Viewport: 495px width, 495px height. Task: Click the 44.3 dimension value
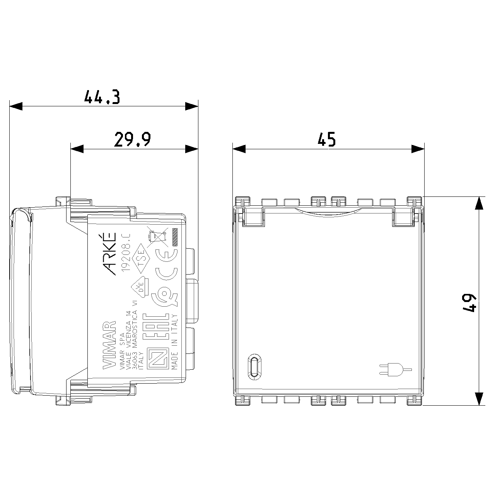pos(102,97)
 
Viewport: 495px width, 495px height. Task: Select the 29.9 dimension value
pos(132,140)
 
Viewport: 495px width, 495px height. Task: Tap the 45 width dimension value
pos(327,140)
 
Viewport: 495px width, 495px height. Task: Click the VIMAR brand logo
pos(109,345)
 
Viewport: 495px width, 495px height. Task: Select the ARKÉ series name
pos(111,254)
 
